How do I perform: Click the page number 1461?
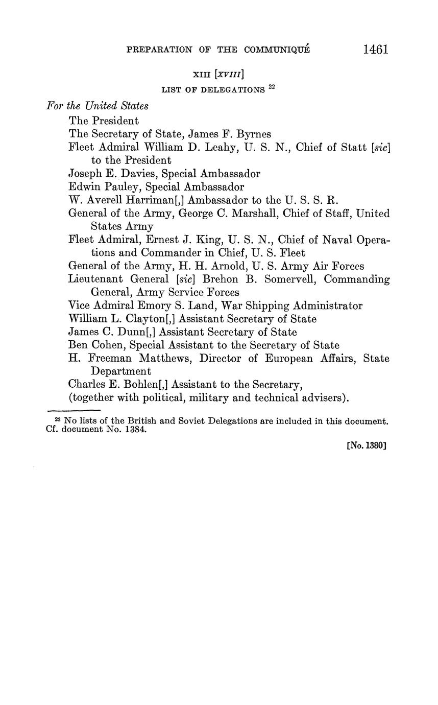[376, 49]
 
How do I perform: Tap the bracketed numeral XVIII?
[230, 75]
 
